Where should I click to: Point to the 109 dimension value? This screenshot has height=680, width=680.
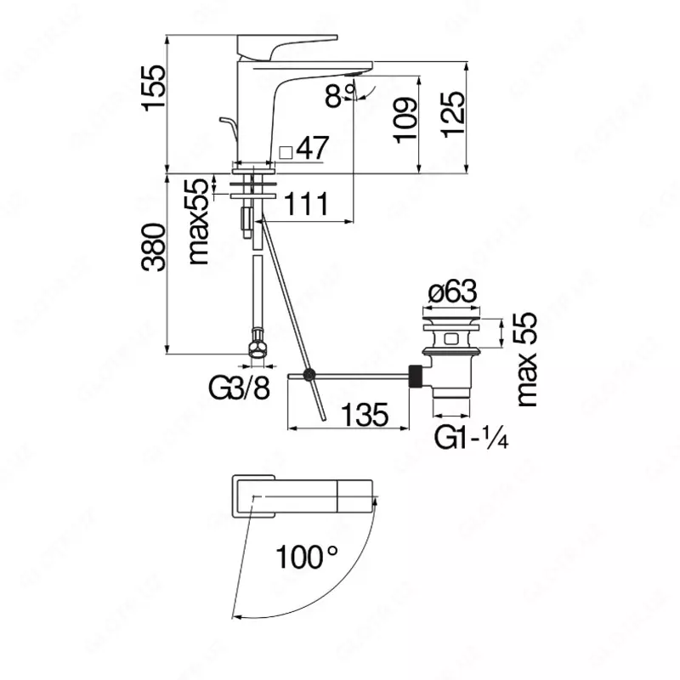(x=405, y=120)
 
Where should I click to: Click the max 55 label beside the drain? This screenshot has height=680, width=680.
(x=527, y=358)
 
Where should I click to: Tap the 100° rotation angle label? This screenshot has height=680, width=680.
(x=306, y=558)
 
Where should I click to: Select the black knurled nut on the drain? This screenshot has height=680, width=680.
(x=416, y=375)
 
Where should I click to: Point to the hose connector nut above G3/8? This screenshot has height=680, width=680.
(x=256, y=348)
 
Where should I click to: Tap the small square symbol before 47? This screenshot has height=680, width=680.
(x=286, y=152)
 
